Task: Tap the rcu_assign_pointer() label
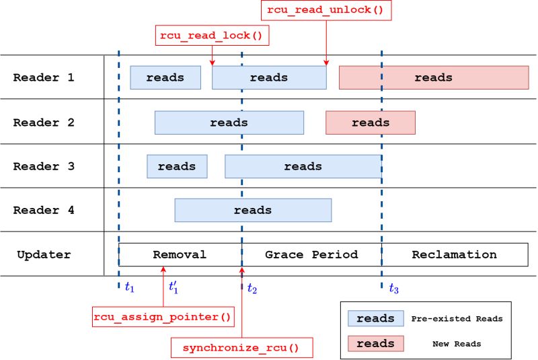163,316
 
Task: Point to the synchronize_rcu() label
240,348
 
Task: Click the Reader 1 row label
44,77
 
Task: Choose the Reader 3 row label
44,166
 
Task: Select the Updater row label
44,254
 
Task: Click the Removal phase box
180,254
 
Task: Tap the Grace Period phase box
311,254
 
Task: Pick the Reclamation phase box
455,254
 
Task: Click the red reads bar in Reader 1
434,77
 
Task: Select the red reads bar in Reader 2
371,122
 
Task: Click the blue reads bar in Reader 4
253,210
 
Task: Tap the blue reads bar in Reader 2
229,122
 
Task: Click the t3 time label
393,289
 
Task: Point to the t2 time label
252,289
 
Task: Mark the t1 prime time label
174,287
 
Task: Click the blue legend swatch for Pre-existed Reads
375,318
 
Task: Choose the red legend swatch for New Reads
375,343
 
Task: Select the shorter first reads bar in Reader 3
177,166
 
